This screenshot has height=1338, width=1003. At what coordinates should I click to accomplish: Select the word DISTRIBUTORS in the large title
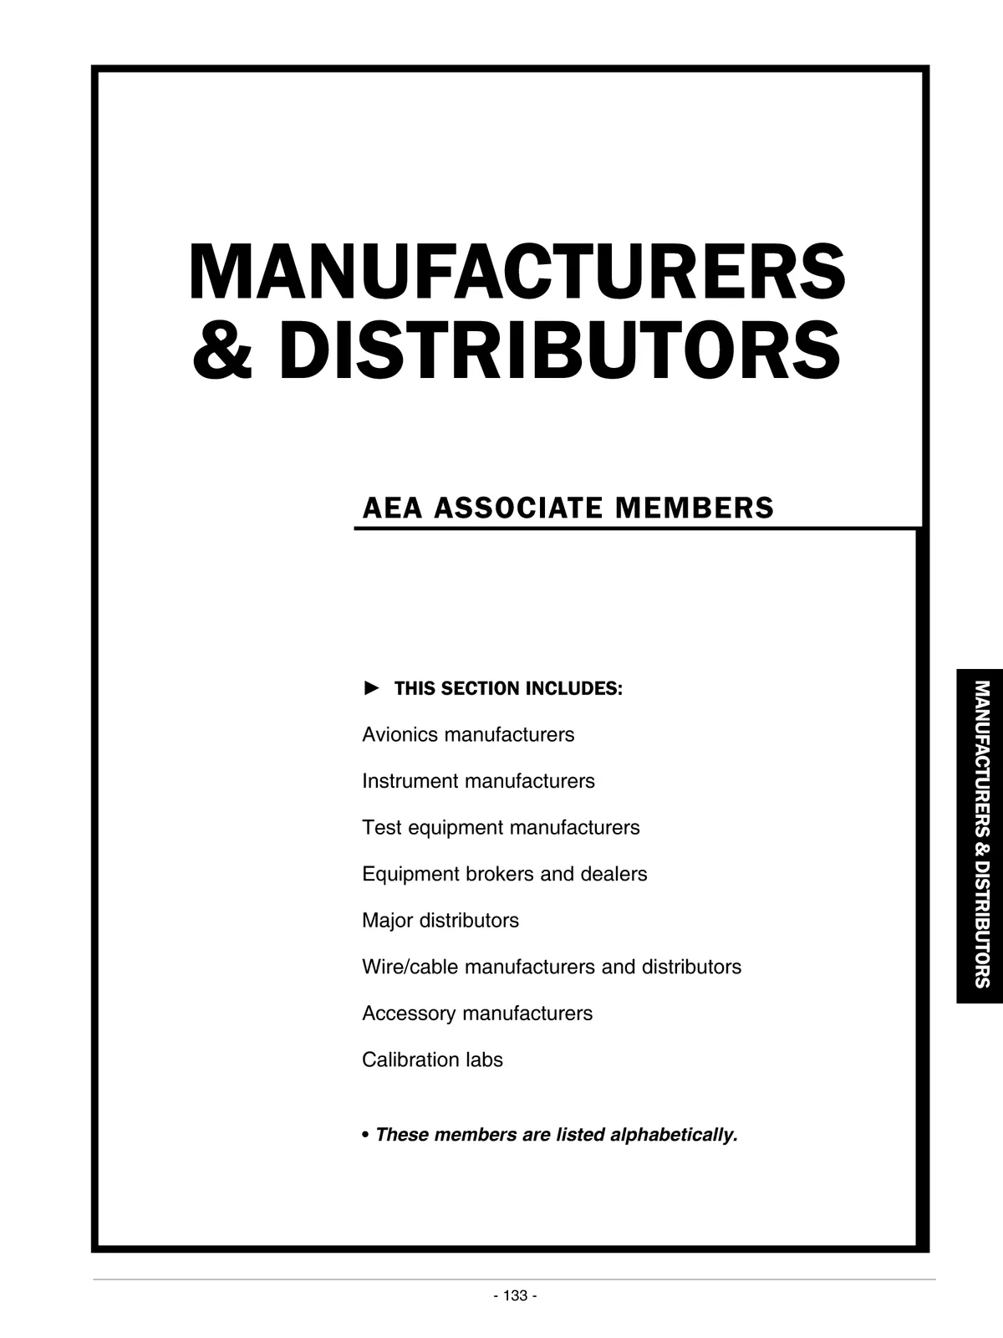point(558,350)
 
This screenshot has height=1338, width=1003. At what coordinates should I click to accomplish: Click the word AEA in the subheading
point(392,508)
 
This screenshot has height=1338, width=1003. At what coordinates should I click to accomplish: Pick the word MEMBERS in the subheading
point(694,508)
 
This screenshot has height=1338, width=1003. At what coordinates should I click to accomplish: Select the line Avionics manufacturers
point(468,735)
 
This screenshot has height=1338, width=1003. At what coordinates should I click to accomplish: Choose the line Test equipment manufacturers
point(501,828)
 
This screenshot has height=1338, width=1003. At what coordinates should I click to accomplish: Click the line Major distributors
point(440,921)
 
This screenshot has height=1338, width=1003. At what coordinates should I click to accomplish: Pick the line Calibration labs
point(432,1060)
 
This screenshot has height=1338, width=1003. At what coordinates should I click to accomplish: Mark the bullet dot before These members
point(366,1136)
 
